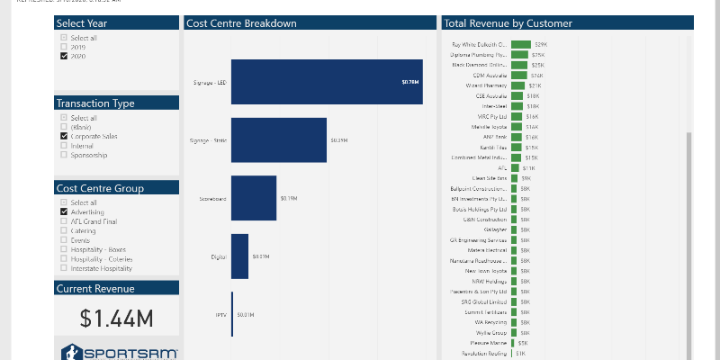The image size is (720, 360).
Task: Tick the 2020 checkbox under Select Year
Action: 64,56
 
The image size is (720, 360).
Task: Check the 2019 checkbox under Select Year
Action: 64,47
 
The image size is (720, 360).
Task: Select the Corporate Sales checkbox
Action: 64,136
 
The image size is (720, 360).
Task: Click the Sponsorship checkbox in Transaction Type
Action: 64,155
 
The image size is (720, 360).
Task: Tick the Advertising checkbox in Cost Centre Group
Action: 64,212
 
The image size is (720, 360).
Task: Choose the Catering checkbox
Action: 64,231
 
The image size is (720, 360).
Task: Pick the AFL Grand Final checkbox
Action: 64,221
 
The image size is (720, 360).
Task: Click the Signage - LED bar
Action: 326,82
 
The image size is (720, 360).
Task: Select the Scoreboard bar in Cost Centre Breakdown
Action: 254,198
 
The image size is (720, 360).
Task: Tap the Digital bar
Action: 239,256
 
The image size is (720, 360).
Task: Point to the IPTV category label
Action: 220,315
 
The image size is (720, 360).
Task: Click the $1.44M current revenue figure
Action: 116,318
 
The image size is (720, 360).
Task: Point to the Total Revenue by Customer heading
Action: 508,23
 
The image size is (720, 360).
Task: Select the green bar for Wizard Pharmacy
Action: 517,85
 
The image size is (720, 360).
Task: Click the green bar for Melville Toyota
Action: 517,127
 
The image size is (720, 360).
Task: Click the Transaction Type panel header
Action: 116,103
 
